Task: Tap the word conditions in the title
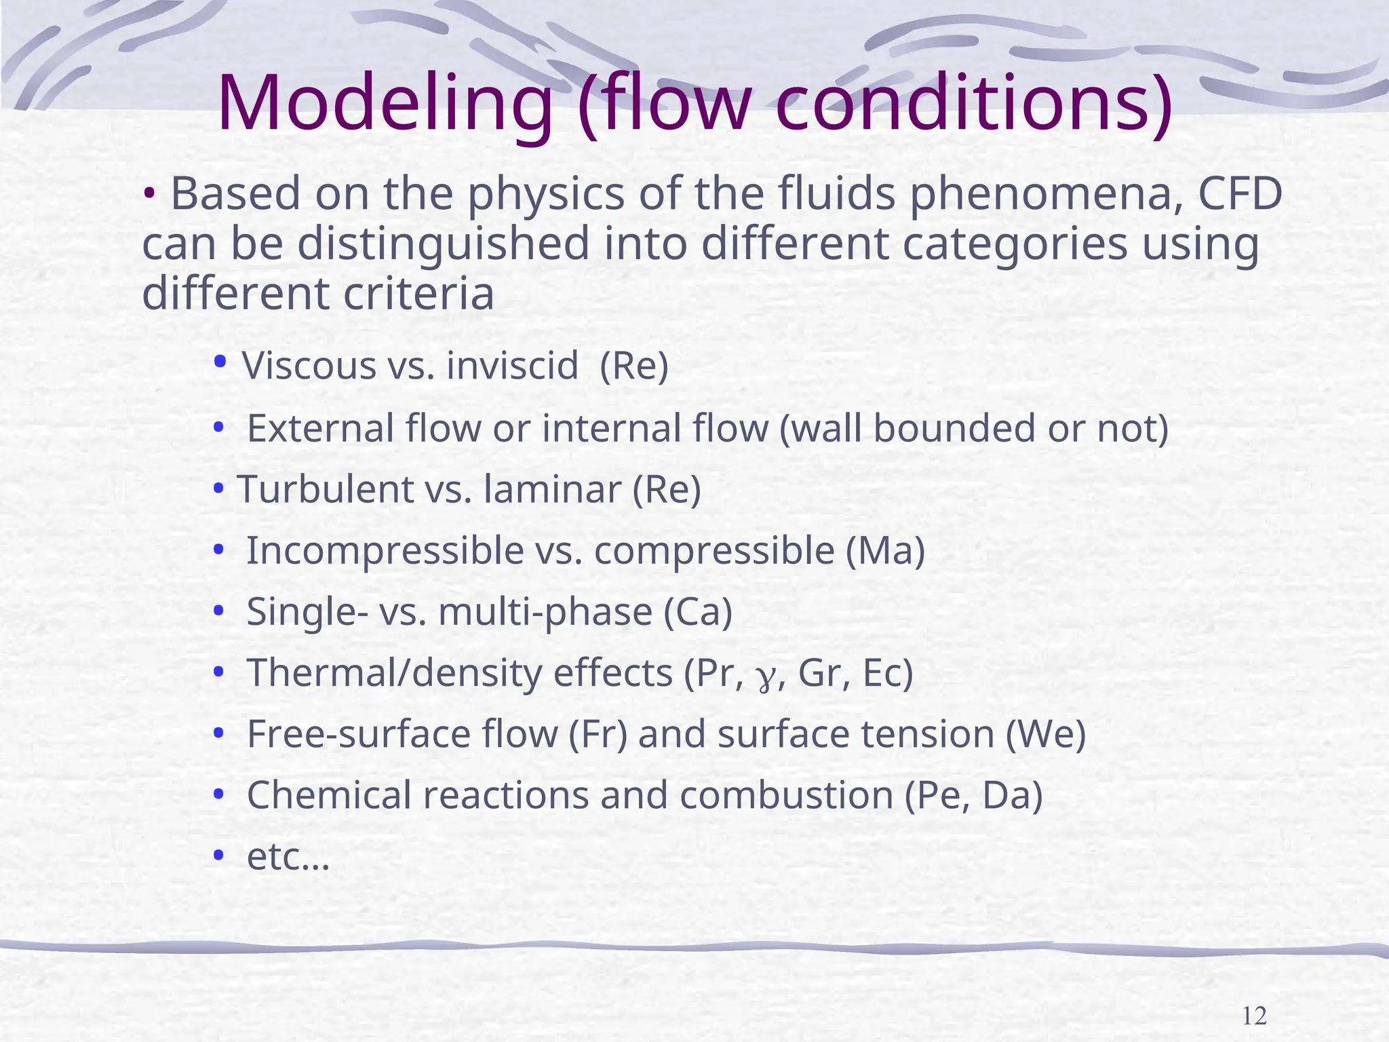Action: pos(974,103)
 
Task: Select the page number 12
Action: pos(1254,1016)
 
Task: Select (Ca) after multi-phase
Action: pos(698,611)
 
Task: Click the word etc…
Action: pos(288,857)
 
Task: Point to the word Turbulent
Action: pos(325,489)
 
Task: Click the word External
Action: pos(320,429)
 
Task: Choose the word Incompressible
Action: pos(385,550)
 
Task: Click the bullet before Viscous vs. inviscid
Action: pos(219,362)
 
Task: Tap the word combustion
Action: pos(786,795)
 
